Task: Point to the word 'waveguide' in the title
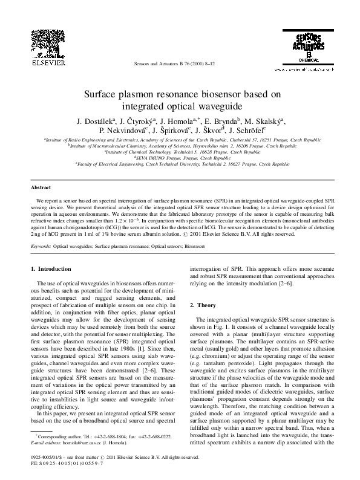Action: pyautogui.click(x=209, y=105)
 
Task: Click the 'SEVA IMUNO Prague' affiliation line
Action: pyautogui.click(x=180, y=157)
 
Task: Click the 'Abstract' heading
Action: pyautogui.click(x=41, y=188)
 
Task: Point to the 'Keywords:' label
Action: pyautogui.click(x=41, y=247)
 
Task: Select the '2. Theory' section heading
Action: pyautogui.click(x=205, y=305)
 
